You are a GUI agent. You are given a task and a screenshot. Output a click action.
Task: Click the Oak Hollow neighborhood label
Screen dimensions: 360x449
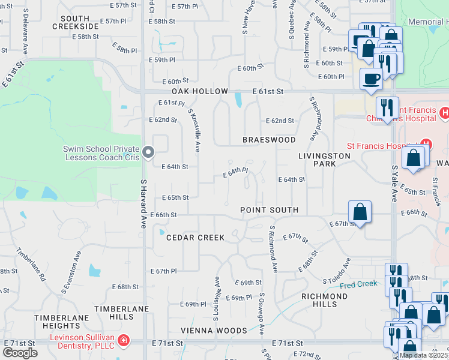pos(200,91)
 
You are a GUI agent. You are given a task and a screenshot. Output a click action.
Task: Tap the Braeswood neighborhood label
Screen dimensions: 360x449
pos(269,140)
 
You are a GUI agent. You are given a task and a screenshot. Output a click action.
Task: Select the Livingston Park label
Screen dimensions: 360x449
pos(324,160)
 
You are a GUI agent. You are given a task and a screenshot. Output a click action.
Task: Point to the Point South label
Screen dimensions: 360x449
pos(269,210)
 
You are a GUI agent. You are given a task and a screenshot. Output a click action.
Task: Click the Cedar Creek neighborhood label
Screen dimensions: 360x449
pos(196,238)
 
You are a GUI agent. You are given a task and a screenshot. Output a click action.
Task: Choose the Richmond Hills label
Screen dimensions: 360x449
pos(324,300)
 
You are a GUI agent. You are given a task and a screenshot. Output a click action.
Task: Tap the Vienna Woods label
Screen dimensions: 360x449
pos(214,331)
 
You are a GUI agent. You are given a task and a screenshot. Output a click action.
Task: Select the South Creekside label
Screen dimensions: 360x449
pos(75,23)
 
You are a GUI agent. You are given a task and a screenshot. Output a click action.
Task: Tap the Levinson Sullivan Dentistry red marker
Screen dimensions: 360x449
pos(124,341)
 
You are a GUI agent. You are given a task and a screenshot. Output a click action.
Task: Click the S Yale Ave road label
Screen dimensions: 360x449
pos(394,183)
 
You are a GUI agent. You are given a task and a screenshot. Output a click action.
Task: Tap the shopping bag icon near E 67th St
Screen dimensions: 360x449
pos(360,212)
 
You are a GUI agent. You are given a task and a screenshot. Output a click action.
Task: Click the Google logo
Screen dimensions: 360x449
pos(20,353)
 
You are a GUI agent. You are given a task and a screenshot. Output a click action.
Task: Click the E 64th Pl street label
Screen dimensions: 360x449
pos(235,173)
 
